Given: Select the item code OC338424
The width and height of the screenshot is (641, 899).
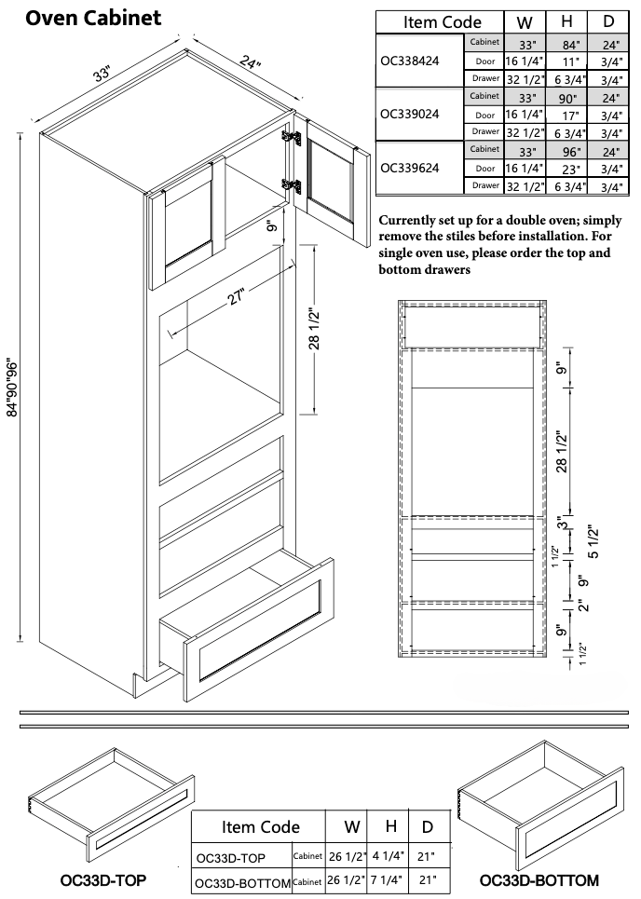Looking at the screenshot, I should pyautogui.click(x=411, y=61).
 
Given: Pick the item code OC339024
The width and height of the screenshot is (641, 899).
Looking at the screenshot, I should pyautogui.click(x=411, y=114).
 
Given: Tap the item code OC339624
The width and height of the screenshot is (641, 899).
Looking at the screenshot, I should pyautogui.click(x=411, y=168).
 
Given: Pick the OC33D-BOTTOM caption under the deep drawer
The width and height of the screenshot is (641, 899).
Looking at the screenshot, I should pyautogui.click(x=539, y=879).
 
